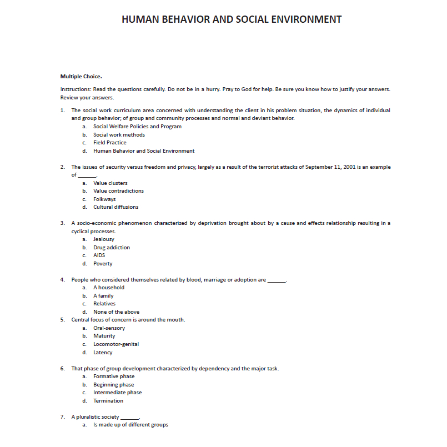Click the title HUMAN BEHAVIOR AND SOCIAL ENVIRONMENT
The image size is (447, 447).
pyautogui.click(x=231, y=19)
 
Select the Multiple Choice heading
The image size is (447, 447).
pyautogui.click(x=81, y=76)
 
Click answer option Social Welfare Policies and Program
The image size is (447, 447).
pyautogui.click(x=137, y=127)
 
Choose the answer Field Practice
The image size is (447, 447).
pyautogui.click(x=109, y=143)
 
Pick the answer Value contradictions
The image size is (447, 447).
pyautogui.click(x=118, y=191)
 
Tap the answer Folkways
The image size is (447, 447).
pyautogui.click(x=104, y=199)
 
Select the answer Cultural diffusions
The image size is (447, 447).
pyautogui.click(x=115, y=207)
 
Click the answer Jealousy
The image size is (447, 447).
pyautogui.click(x=104, y=239)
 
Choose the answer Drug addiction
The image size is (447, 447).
pyautogui.click(x=112, y=248)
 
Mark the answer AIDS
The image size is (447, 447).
pyautogui.click(x=99, y=255)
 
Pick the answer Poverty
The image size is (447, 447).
pyautogui.click(x=103, y=264)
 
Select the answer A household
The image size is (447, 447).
pyautogui.click(x=109, y=288)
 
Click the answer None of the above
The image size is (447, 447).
pyautogui.click(x=116, y=312)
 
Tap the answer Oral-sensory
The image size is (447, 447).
pyautogui.click(x=109, y=328)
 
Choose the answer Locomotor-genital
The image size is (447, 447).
pyautogui.click(x=116, y=344)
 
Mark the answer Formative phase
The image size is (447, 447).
pyautogui.click(x=114, y=376)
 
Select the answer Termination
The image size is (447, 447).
pyautogui.click(x=108, y=401)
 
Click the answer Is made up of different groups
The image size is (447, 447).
pyautogui.click(x=130, y=425)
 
